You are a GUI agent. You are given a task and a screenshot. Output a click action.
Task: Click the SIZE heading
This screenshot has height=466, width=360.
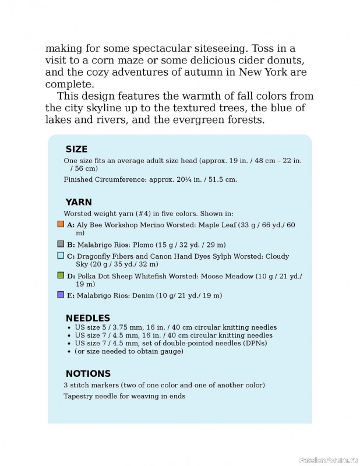[x=76, y=149]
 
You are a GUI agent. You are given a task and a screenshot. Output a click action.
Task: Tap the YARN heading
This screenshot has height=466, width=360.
[x=79, y=202]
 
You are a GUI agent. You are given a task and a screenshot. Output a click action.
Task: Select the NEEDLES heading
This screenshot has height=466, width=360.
[x=88, y=318]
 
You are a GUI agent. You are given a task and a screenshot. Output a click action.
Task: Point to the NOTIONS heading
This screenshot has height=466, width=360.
[x=88, y=373]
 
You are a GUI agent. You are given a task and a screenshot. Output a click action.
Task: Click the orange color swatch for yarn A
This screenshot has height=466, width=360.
[x=61, y=224]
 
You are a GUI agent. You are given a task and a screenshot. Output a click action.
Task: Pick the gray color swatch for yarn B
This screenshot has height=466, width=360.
[x=61, y=244]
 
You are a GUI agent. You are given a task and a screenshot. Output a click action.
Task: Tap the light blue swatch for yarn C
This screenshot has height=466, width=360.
[x=61, y=256]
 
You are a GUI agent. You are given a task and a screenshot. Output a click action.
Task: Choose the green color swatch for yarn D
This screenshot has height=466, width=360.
[x=61, y=275]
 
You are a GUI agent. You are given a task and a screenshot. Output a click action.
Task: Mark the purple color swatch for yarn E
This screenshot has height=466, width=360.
[x=61, y=295]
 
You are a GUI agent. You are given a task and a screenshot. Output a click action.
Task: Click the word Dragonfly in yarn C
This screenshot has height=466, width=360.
[x=95, y=256]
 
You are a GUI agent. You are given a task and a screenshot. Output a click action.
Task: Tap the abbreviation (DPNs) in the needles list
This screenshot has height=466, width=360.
[x=261, y=344]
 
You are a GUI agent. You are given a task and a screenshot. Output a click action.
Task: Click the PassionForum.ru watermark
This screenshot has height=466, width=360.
[x=328, y=460]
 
